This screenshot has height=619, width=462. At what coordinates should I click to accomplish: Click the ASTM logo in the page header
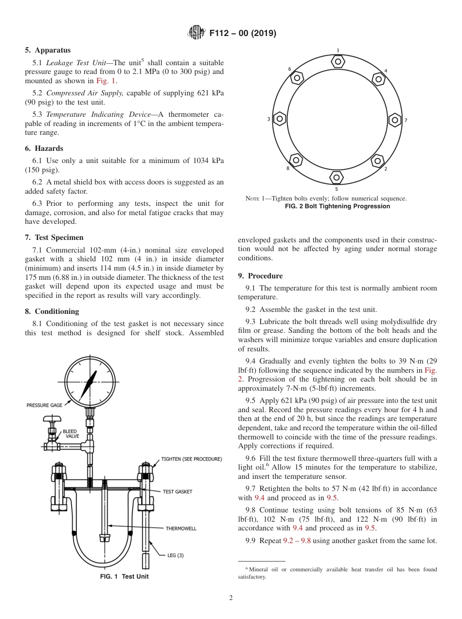[196, 34]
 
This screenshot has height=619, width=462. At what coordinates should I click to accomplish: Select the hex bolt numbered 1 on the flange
[338, 61]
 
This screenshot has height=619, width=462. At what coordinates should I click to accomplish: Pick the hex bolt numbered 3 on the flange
[279, 118]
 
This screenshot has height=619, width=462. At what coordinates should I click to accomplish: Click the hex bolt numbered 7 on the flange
[395, 119]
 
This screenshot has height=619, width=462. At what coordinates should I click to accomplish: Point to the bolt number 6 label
[289, 69]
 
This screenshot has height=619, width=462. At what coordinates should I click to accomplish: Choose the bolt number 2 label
[386, 169]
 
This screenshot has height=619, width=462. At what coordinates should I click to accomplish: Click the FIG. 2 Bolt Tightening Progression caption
[338, 206]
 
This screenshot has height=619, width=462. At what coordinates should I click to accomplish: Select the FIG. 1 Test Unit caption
[124, 577]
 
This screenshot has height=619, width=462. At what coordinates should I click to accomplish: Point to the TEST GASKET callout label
[178, 492]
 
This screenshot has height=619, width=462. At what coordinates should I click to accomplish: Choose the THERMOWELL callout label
[181, 528]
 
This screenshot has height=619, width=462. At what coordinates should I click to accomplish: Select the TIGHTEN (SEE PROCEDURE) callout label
[192, 459]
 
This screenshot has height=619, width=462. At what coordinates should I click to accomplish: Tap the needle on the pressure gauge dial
[90, 383]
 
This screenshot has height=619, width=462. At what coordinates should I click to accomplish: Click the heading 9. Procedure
[260, 276]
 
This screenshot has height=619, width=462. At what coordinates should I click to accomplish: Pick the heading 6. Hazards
[44, 148]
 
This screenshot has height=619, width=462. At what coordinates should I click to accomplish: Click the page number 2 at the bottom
[231, 598]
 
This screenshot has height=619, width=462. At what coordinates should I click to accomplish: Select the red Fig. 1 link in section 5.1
[105, 81]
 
